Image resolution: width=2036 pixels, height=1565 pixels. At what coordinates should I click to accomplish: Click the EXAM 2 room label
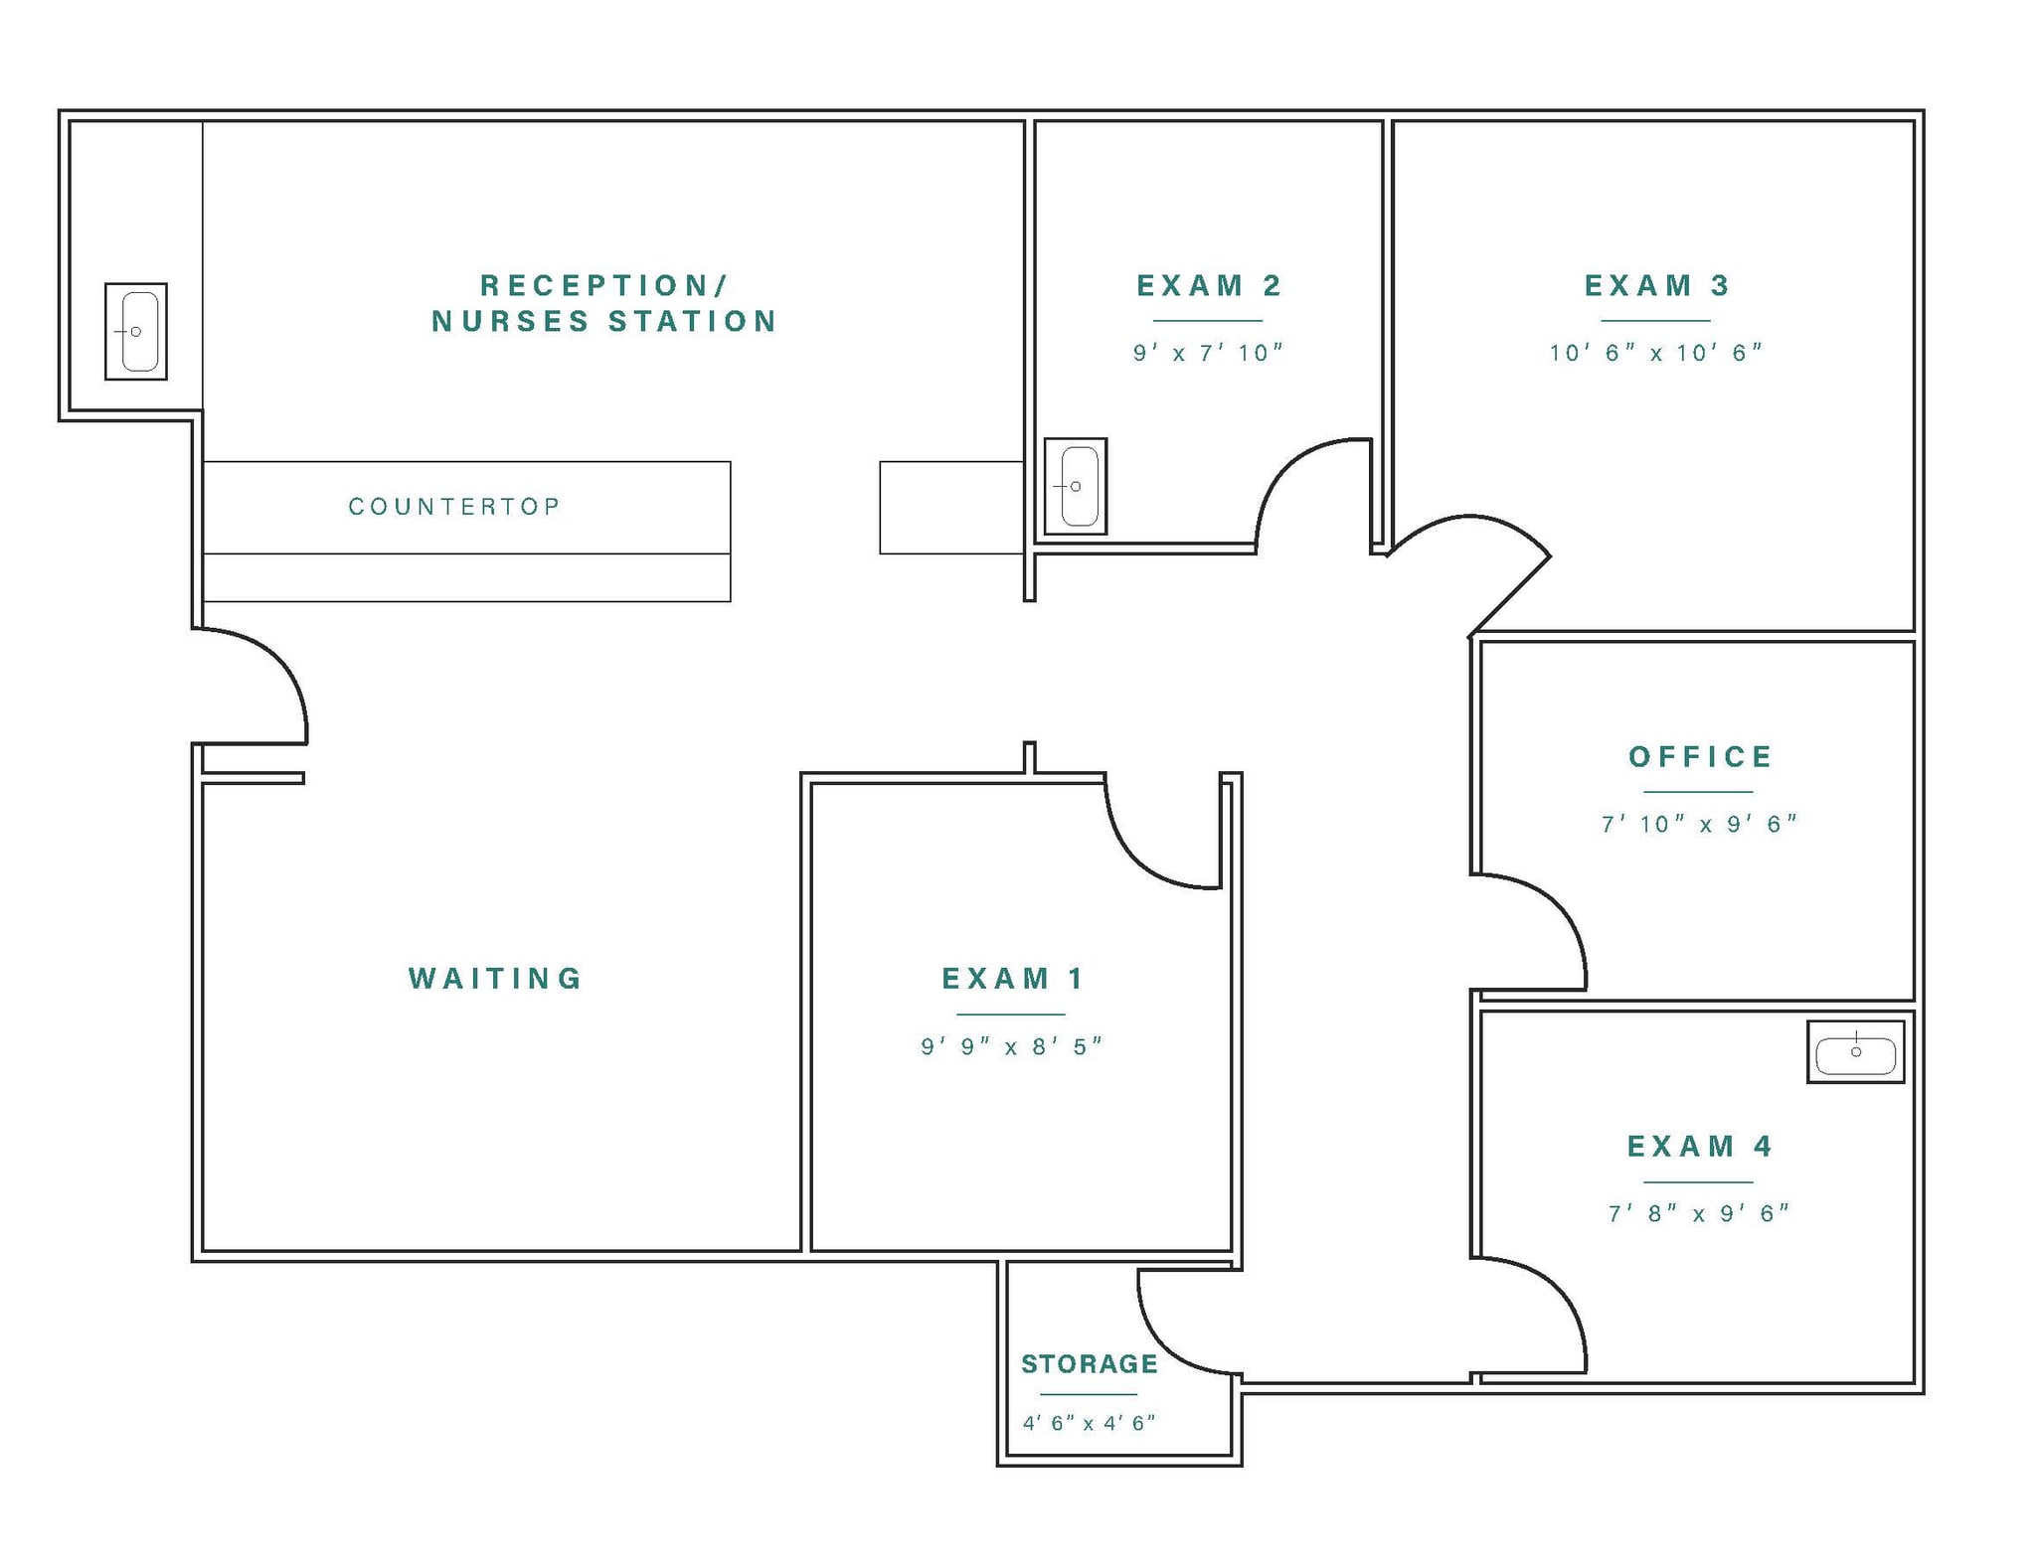click(1208, 286)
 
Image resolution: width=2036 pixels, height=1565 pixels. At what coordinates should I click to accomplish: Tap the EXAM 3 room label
click(1656, 286)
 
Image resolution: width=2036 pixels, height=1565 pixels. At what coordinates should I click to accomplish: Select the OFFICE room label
click(1700, 757)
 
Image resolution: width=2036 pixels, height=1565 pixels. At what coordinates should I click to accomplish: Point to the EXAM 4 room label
click(1699, 1147)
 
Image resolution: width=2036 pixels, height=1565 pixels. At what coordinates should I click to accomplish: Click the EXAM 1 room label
click(1012, 979)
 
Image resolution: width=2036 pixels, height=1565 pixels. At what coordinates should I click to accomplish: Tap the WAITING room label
click(495, 979)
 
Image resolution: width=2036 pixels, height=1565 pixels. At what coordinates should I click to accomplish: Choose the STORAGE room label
click(1090, 1364)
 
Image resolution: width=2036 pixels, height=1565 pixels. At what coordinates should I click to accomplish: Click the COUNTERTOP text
click(454, 507)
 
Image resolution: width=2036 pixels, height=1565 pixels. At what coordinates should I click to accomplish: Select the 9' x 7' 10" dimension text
click(1208, 353)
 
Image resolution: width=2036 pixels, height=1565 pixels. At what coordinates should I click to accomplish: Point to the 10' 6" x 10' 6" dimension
click(1656, 353)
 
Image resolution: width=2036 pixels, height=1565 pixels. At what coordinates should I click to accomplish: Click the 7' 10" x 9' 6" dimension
click(1699, 824)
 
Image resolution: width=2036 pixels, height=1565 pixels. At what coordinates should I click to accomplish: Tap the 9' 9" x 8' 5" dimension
click(1012, 1046)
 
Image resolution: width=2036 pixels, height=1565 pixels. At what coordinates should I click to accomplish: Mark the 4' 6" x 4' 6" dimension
click(1089, 1423)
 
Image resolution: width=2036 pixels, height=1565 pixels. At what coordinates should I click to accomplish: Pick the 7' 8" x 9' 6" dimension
click(1699, 1213)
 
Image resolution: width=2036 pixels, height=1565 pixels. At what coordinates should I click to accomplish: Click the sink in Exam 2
click(1076, 486)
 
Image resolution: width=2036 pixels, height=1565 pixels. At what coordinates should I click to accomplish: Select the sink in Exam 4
click(1855, 1051)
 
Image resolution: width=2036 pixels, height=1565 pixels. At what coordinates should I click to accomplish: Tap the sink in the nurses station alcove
click(136, 331)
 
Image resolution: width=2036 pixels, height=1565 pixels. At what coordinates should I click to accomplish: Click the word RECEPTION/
click(603, 286)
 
